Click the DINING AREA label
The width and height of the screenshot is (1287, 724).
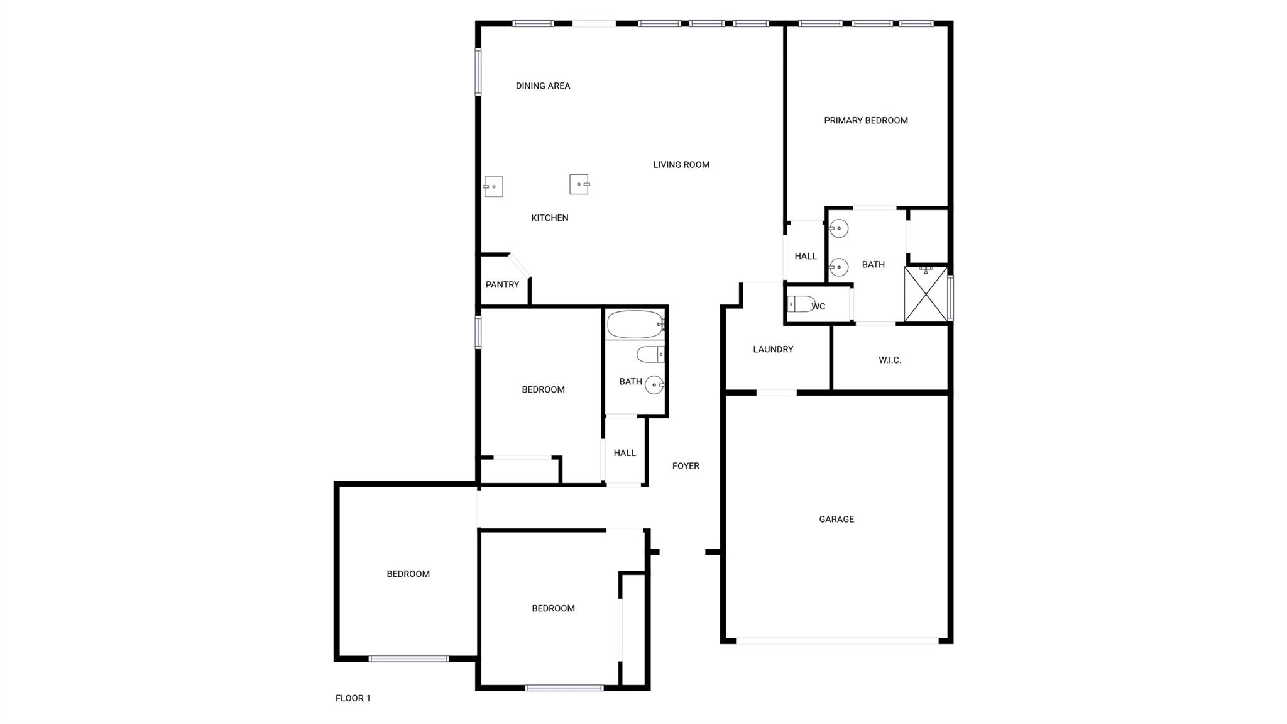[543, 86]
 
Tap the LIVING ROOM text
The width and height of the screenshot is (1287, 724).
[681, 165]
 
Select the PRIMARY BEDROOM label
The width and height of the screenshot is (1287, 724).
[865, 121]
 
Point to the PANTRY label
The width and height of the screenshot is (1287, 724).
[502, 285]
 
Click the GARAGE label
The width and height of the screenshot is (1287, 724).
[836, 520]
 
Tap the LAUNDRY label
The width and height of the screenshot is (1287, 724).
[773, 350]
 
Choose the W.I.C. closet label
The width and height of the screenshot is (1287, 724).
[890, 360]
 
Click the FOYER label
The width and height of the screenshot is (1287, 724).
[686, 466]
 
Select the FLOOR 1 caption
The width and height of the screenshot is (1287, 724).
[353, 698]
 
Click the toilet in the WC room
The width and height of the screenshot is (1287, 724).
[801, 304]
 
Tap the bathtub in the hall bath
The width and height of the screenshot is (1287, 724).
[635, 325]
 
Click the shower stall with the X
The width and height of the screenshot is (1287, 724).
[925, 294]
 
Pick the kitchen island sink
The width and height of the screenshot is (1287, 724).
[579, 184]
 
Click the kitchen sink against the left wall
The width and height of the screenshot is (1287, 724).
[493, 187]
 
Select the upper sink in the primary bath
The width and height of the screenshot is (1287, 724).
[839, 228]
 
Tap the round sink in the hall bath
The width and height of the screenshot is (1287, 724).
[655, 384]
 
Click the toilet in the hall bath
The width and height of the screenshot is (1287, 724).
[650, 355]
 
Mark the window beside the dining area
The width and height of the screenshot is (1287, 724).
[478, 72]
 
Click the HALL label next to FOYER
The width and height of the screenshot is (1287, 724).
[624, 453]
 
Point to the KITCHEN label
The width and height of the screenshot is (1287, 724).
[549, 218]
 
